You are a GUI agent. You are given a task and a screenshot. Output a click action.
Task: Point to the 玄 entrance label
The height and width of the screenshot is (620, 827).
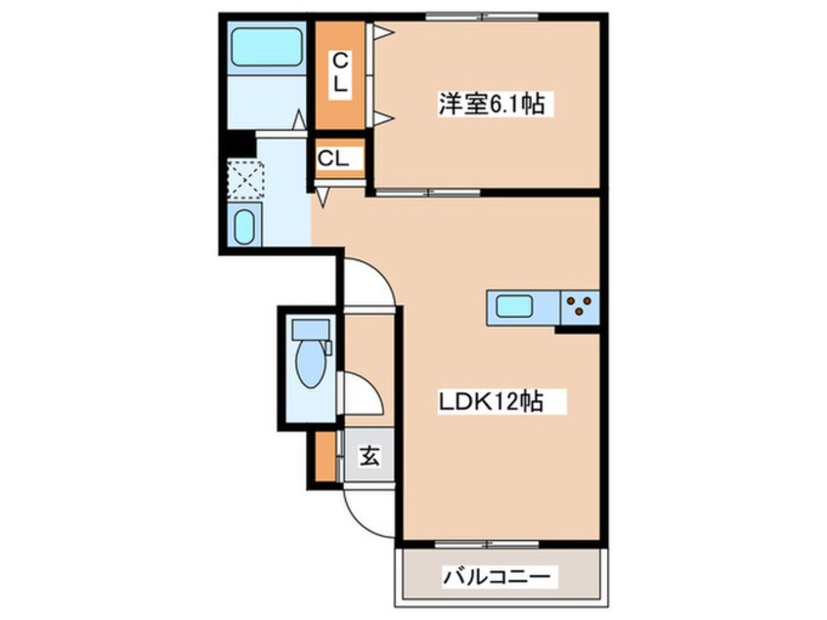coord(370,456)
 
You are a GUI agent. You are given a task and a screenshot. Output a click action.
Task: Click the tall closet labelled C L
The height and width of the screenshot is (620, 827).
coord(340,74)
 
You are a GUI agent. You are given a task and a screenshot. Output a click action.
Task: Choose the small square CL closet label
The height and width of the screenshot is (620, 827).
coord(332,157)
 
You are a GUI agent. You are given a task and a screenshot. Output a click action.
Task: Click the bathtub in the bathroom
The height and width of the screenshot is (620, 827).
coord(267,47)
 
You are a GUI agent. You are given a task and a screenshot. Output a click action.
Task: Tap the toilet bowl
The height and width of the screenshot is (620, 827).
coord(310,363)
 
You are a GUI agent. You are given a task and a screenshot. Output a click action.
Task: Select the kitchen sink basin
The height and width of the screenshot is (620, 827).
coord(514,306)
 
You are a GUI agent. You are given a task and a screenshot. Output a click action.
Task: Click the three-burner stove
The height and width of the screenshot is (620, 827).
coord(580,307)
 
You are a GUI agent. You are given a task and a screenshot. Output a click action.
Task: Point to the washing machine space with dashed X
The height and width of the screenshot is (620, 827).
coord(245,179)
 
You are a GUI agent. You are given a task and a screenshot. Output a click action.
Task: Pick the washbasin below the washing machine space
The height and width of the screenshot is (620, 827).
coord(243,227)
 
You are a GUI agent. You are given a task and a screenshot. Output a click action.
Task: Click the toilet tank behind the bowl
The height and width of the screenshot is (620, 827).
coord(311,328)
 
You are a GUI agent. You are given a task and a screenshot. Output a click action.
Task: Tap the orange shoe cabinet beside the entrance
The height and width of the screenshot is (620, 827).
coord(326,457)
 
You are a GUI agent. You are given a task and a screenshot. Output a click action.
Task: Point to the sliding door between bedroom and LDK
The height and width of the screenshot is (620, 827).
coord(427,192)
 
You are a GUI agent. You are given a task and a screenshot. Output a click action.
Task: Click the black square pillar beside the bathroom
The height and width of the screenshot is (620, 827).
coord(239,143)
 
